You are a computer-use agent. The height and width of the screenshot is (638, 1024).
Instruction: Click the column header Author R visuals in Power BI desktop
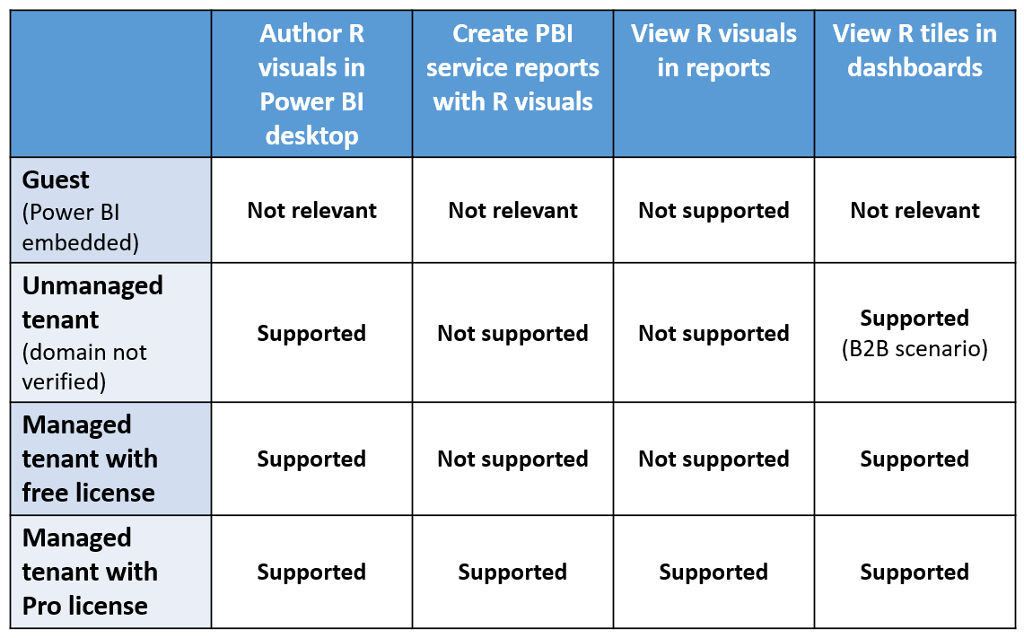[311, 84]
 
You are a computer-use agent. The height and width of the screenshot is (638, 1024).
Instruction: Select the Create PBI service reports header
[512, 68]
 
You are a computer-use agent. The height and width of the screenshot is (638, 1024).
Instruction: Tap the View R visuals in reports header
[713, 51]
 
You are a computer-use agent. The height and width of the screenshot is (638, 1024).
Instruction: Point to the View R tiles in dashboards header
[915, 51]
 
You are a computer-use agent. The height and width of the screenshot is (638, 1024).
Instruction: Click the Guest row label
[56, 180]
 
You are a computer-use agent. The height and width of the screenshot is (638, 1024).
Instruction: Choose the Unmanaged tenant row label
[92, 302]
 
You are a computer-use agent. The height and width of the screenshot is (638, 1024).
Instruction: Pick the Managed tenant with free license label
[90, 459]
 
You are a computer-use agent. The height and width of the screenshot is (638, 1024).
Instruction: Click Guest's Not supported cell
[713, 211]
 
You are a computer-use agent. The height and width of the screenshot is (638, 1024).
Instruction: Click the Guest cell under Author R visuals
[311, 211]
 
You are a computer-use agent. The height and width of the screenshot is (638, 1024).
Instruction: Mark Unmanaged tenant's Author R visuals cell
[311, 334]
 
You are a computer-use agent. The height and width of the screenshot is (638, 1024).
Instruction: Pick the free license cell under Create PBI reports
[512, 459]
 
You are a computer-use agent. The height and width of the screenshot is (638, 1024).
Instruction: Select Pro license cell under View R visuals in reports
[713, 572]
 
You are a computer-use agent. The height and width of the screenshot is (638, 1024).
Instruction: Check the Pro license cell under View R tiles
[915, 572]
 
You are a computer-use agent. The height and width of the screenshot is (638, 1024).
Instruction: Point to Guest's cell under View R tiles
[915, 211]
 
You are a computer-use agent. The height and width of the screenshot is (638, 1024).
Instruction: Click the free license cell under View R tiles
[915, 459]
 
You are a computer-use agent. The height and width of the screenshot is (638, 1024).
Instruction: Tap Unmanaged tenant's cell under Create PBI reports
[512, 334]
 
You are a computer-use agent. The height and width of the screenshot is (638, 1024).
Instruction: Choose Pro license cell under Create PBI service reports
[512, 572]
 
